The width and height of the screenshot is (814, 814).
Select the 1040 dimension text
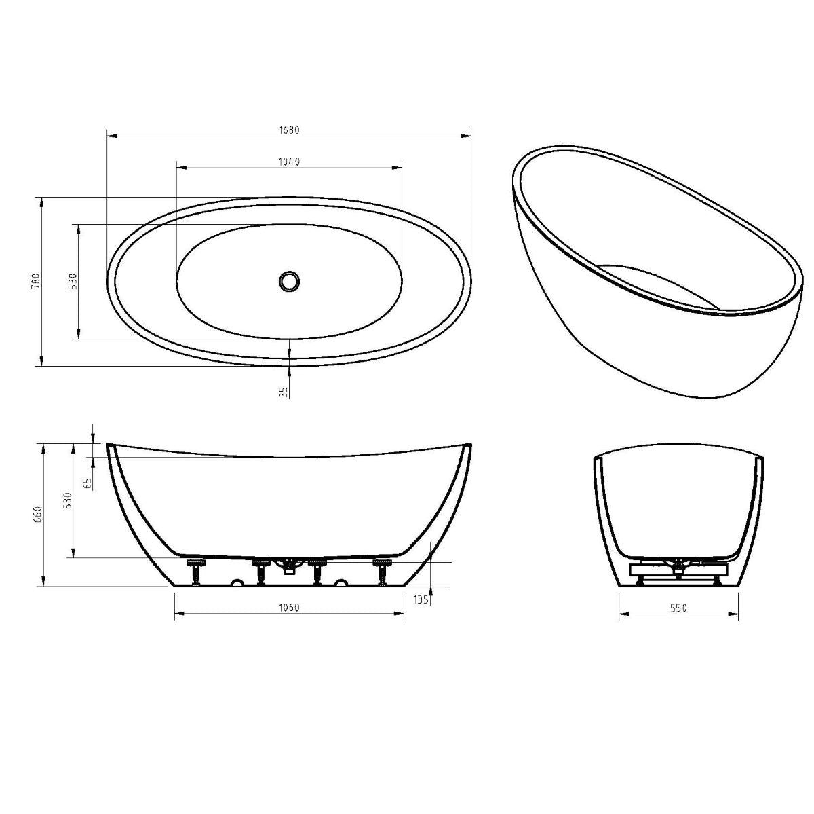point(288,161)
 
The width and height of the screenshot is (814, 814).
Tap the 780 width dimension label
point(36,282)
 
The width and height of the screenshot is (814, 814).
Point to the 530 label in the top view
point(73,282)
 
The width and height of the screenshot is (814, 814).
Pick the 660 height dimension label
point(39,515)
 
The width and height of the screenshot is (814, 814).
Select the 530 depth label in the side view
point(67,501)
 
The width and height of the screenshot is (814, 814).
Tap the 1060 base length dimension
point(288,608)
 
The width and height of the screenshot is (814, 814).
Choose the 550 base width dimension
point(678,608)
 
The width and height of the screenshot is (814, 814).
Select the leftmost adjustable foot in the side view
point(197,571)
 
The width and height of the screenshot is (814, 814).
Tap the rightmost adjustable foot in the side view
point(383,571)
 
